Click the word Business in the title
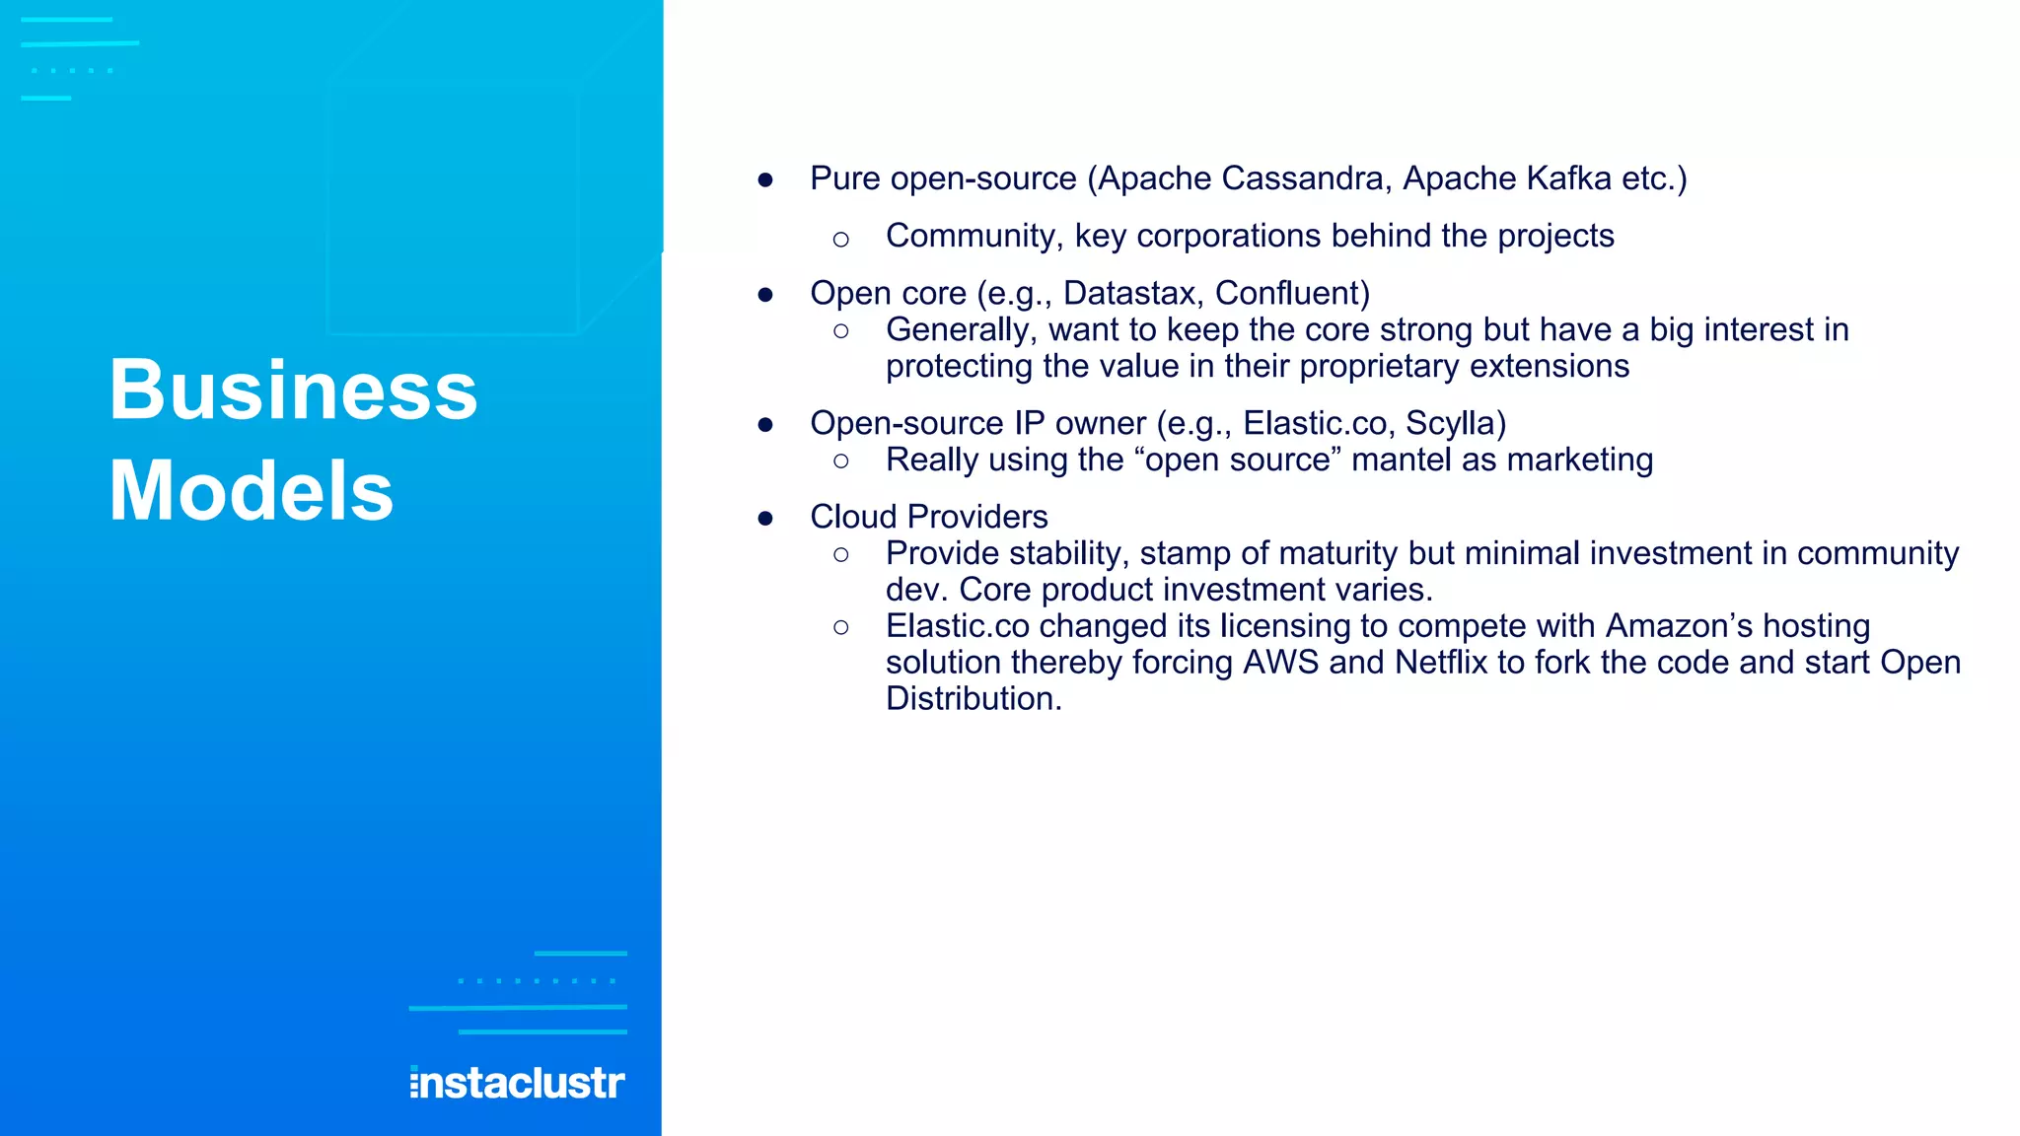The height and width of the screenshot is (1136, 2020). (x=293, y=390)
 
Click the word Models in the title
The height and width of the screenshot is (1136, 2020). (x=252, y=491)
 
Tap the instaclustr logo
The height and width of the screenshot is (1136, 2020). (x=517, y=1083)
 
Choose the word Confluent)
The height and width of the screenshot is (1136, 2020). (x=1292, y=293)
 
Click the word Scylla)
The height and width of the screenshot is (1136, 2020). (x=1456, y=423)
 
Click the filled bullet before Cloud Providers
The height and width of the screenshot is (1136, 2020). (x=765, y=519)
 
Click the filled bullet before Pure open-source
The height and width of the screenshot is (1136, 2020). (x=765, y=180)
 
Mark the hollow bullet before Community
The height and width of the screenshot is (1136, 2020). (x=840, y=239)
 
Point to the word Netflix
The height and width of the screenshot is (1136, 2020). (x=1440, y=662)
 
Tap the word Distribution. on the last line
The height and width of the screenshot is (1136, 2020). (x=974, y=698)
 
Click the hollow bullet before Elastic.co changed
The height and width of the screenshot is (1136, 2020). (x=840, y=627)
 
